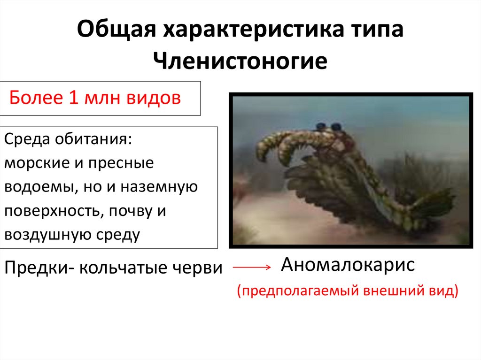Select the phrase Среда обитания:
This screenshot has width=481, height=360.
pos(68,139)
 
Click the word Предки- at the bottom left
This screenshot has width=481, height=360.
pos(39,268)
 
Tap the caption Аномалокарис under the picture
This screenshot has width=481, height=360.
pos(348,265)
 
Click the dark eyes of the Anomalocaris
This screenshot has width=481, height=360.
pos(328,126)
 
